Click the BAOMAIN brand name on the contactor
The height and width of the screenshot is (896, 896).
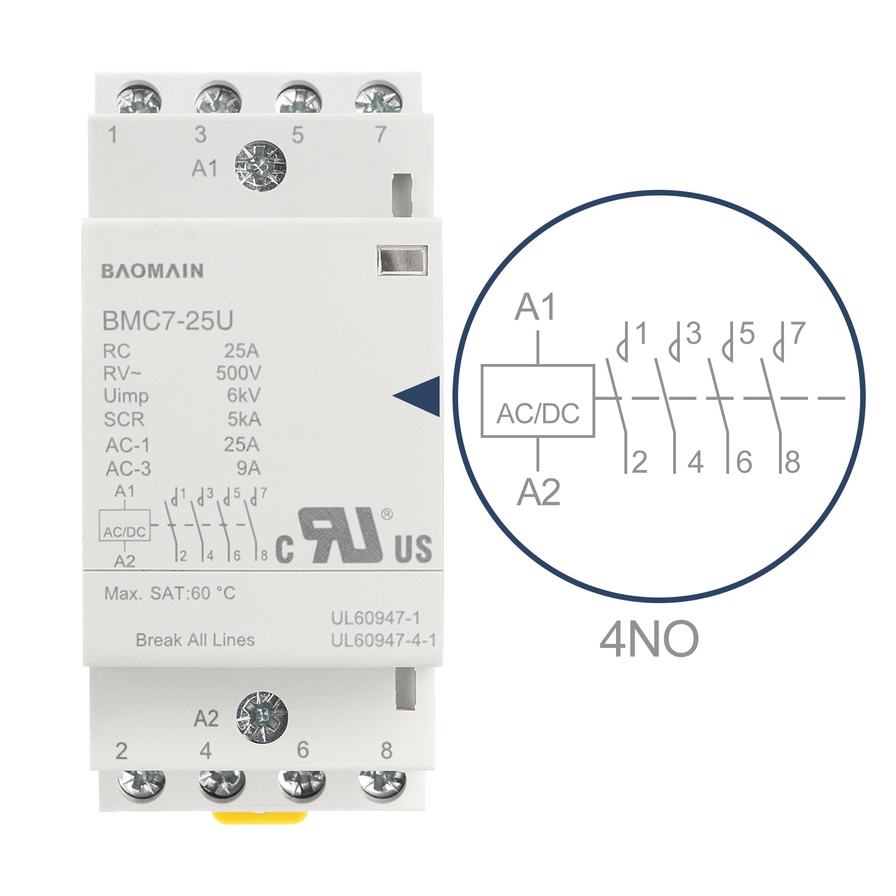(152, 271)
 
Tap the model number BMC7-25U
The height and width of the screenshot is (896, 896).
(167, 321)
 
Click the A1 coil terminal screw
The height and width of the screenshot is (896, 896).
(260, 166)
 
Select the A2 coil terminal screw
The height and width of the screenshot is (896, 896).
(262, 716)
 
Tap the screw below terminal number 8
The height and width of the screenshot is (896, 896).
(382, 783)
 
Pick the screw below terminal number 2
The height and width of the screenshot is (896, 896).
(142, 783)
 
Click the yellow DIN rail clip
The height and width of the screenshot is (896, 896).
(260, 817)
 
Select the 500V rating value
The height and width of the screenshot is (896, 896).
(239, 373)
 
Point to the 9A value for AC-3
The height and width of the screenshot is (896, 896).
(249, 468)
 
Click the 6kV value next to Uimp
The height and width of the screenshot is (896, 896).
(244, 395)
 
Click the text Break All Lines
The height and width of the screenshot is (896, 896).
(195, 640)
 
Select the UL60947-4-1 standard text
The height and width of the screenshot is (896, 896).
(384, 640)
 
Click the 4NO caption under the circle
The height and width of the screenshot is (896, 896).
(649, 639)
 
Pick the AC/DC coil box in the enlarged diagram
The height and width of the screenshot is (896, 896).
(538, 400)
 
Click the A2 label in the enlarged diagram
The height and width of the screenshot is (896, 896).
(538, 493)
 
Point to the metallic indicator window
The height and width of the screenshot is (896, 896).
(402, 261)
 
